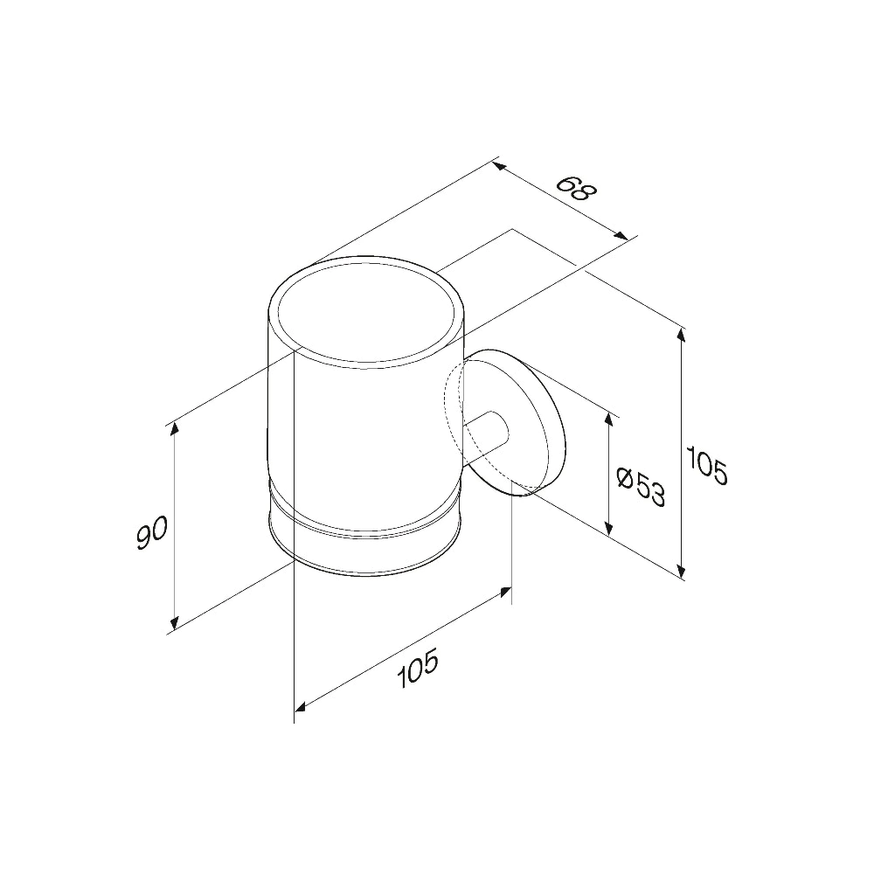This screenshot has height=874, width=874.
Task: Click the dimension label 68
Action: point(576,190)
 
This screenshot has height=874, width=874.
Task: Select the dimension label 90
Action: point(151,532)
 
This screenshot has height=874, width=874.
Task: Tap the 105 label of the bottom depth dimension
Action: point(418,669)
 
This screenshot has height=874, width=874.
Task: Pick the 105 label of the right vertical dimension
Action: point(706,466)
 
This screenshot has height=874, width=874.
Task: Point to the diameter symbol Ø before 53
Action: point(627,478)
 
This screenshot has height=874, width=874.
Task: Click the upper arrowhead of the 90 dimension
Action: point(175,430)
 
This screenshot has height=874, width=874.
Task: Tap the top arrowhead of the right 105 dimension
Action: point(680,335)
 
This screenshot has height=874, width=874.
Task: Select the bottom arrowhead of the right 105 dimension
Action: point(680,570)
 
